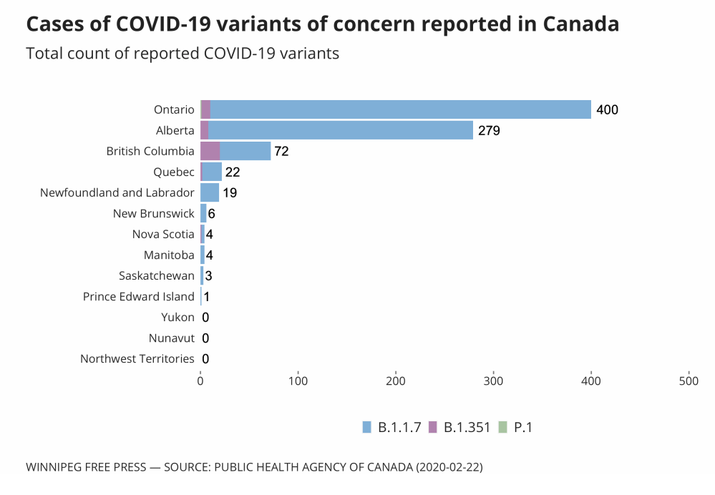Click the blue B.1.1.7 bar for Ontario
(401, 109)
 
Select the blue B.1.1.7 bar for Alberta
(341, 130)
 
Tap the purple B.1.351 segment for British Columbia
(210, 151)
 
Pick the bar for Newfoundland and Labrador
(210, 192)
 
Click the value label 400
(607, 110)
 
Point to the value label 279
(489, 131)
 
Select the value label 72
(281, 152)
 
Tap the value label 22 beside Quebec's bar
(233, 172)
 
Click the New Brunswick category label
(154, 213)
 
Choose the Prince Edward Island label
(139, 296)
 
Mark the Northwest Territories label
(137, 358)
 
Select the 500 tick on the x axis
(689, 382)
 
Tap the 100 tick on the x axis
(298, 382)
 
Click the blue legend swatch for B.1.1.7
(367, 427)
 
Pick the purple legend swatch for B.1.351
(432, 427)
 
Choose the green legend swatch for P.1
(502, 427)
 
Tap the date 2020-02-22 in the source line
(446, 468)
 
